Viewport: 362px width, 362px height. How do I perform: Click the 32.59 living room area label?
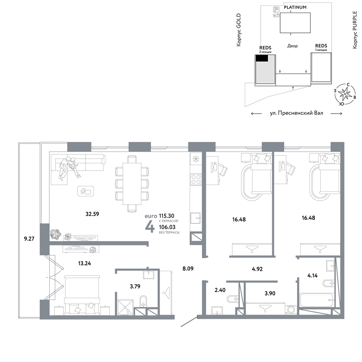click(x=92, y=214)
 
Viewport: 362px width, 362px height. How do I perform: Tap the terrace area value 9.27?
click(x=29, y=239)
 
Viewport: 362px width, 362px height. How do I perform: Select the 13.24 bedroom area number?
click(x=84, y=263)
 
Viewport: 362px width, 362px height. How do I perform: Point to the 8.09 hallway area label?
click(x=188, y=269)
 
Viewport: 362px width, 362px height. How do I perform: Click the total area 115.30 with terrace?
click(x=167, y=216)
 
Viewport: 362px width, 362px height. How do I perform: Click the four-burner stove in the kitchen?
click(x=196, y=180)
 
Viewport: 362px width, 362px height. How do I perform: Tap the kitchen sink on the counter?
click(x=195, y=218)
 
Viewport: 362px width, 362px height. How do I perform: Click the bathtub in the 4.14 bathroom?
click(x=317, y=300)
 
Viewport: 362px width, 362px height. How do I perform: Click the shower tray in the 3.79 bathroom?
click(x=126, y=307)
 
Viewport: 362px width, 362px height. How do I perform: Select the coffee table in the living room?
click(x=86, y=191)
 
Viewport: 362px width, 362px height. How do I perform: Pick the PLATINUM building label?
click(x=295, y=7)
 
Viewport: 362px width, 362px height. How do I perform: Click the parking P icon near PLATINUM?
click(x=276, y=9)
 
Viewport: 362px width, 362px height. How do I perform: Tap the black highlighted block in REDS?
click(x=262, y=58)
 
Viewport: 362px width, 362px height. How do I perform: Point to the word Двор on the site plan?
click(x=292, y=46)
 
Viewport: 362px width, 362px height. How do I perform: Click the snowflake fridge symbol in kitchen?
click(x=196, y=159)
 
